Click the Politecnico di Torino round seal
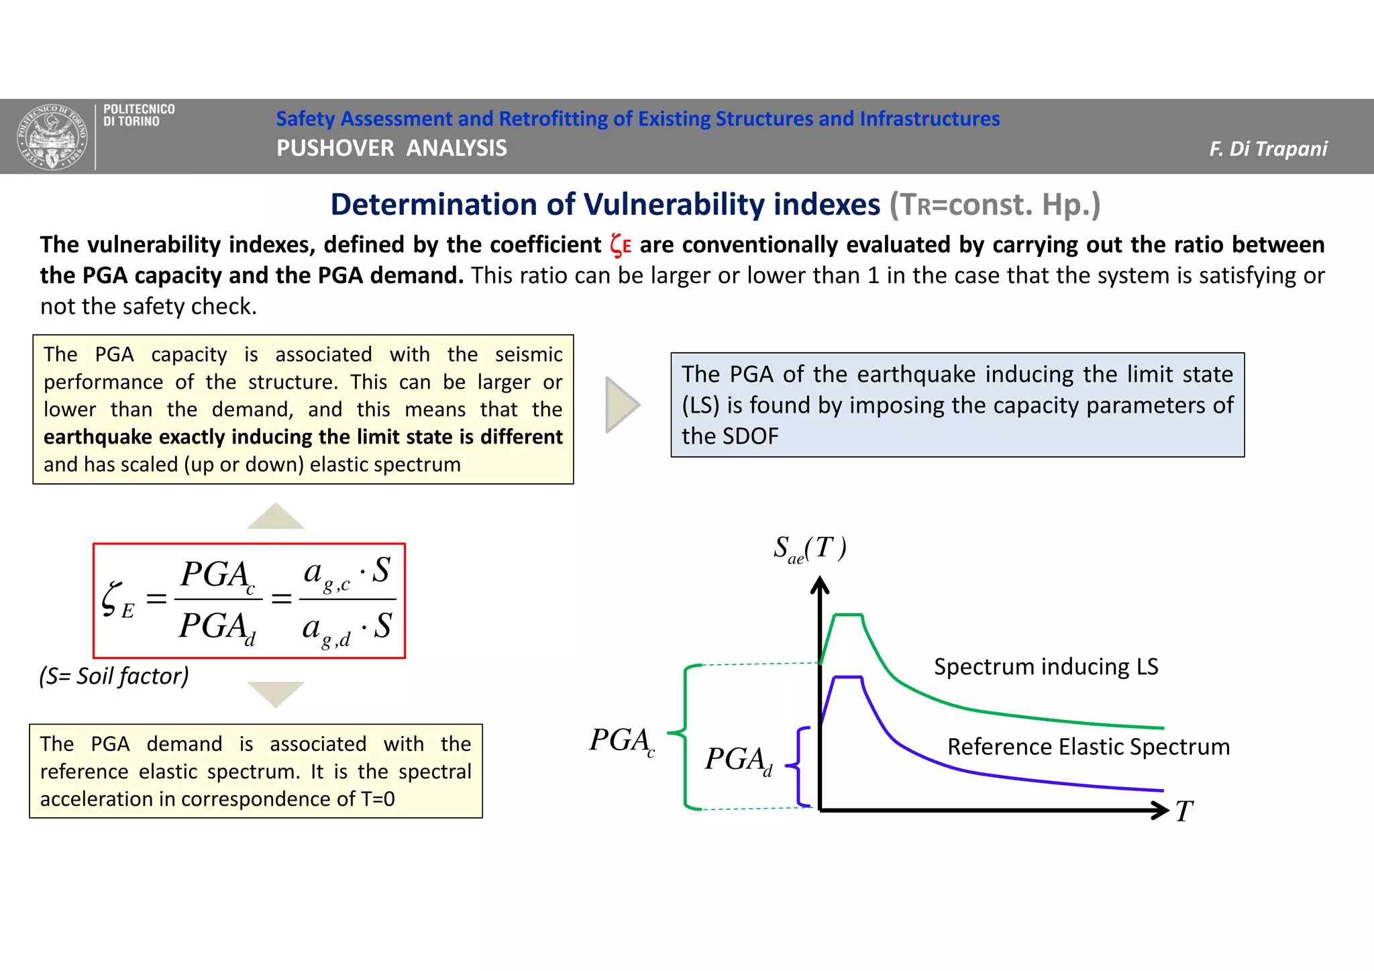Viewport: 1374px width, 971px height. coord(52,137)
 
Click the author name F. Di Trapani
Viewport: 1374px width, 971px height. coord(1267,148)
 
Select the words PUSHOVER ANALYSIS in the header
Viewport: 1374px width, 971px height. coord(392,148)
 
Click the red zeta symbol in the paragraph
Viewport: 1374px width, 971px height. coord(619,245)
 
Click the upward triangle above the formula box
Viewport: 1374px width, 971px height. coord(276,517)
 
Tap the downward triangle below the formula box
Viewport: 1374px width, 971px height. coord(276,693)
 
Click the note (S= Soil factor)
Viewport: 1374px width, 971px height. coord(114,676)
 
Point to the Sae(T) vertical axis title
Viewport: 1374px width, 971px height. coord(809,549)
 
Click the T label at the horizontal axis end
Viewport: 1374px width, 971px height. coord(1184,811)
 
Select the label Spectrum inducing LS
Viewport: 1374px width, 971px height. coord(1046,666)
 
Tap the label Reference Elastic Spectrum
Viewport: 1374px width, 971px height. coord(1088,746)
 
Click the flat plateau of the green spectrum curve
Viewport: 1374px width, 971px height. coord(848,615)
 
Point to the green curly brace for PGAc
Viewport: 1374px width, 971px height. coord(684,735)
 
